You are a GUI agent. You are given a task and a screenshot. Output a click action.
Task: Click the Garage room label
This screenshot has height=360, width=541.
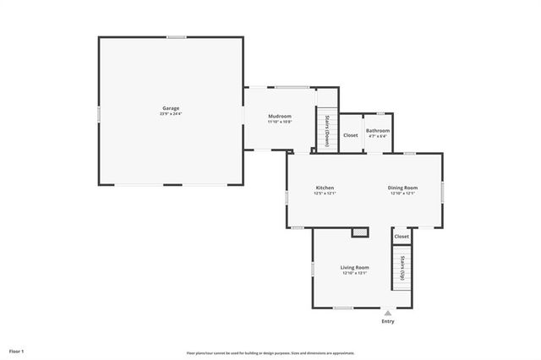pos(172,108)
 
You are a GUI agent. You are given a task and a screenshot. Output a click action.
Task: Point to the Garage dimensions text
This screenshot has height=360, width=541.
pos(172,113)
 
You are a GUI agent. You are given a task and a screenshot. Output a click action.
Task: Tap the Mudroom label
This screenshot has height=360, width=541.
pos(280,116)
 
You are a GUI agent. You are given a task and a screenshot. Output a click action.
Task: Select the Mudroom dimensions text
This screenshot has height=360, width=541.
pos(280,122)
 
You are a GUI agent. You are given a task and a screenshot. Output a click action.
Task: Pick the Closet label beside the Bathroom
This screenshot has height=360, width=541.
pos(350,135)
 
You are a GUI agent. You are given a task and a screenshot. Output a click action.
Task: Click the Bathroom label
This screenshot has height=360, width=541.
pos(378,130)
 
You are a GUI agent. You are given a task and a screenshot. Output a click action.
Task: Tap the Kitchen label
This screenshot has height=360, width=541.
pos(325,188)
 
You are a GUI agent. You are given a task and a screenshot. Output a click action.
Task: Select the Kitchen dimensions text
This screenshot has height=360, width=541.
pos(325,194)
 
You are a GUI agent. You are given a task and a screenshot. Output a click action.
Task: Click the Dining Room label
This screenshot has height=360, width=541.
pos(403,188)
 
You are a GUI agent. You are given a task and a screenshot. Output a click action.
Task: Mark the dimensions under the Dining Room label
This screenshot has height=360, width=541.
pos(403,194)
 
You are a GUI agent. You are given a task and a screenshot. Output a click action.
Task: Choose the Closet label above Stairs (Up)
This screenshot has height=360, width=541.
pos(402,237)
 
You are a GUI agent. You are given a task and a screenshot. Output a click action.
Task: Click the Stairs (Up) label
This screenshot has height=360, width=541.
pos(403,267)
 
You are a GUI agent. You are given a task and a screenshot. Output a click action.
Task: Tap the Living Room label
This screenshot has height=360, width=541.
pos(355,267)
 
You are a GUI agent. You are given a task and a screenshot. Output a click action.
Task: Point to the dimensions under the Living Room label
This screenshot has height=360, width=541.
pos(355,273)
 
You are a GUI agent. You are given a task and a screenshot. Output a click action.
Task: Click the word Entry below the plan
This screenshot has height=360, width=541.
pos(388,321)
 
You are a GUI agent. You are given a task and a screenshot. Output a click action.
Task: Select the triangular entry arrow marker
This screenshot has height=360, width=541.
pos(388,313)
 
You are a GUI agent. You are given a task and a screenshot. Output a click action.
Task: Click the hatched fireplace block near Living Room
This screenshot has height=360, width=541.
pos(361,231)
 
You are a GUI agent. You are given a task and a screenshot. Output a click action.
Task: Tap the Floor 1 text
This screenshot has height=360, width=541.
pos(17,350)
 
